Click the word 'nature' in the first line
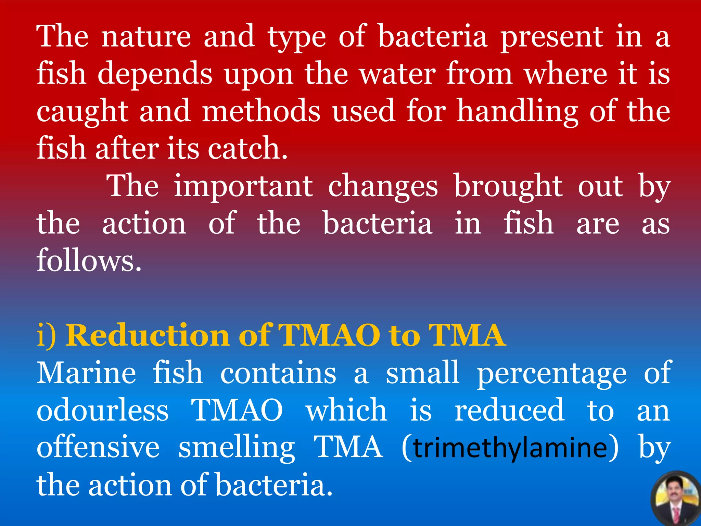[146, 37]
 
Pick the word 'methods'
[261, 111]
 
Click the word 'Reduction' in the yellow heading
[148, 336]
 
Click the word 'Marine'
[86, 373]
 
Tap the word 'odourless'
[103, 410]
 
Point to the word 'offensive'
[98, 447]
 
